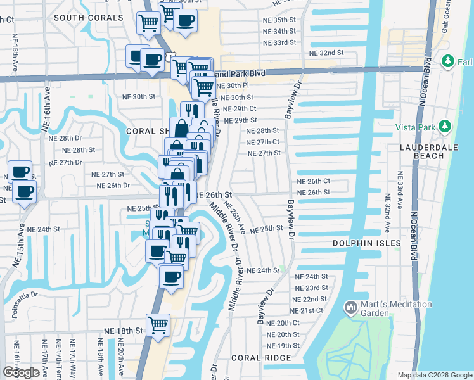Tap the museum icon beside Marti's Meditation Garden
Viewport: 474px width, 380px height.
click(x=350, y=308)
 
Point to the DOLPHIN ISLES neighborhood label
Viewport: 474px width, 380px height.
click(x=368, y=243)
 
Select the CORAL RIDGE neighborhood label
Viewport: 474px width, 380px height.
click(x=261, y=358)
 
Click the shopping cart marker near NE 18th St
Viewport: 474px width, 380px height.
click(x=158, y=326)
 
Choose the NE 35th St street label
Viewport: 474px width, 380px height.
click(x=280, y=20)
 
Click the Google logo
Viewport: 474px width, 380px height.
click(x=21, y=372)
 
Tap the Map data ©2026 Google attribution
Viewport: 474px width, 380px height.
click(x=434, y=375)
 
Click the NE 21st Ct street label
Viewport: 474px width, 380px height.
click(x=307, y=310)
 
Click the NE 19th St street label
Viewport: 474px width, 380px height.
click(x=283, y=346)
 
